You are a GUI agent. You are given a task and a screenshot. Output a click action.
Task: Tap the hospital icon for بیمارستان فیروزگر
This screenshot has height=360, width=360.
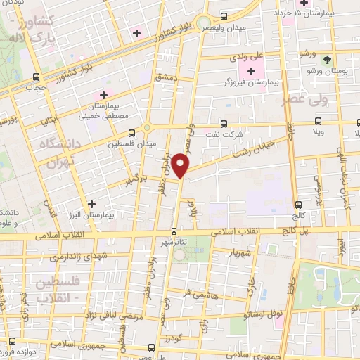(x=252, y=71)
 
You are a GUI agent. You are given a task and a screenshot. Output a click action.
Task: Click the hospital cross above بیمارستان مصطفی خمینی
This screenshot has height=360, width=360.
(x=104, y=94)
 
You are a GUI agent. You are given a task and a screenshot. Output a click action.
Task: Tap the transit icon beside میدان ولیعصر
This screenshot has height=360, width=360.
(x=224, y=16)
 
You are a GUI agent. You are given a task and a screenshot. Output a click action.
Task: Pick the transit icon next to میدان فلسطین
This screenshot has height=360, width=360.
(x=132, y=133)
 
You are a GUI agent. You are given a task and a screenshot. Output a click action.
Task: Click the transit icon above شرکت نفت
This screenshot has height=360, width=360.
(x=224, y=122)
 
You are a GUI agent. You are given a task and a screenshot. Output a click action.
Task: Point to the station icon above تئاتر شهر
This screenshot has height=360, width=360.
(x=174, y=230)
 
